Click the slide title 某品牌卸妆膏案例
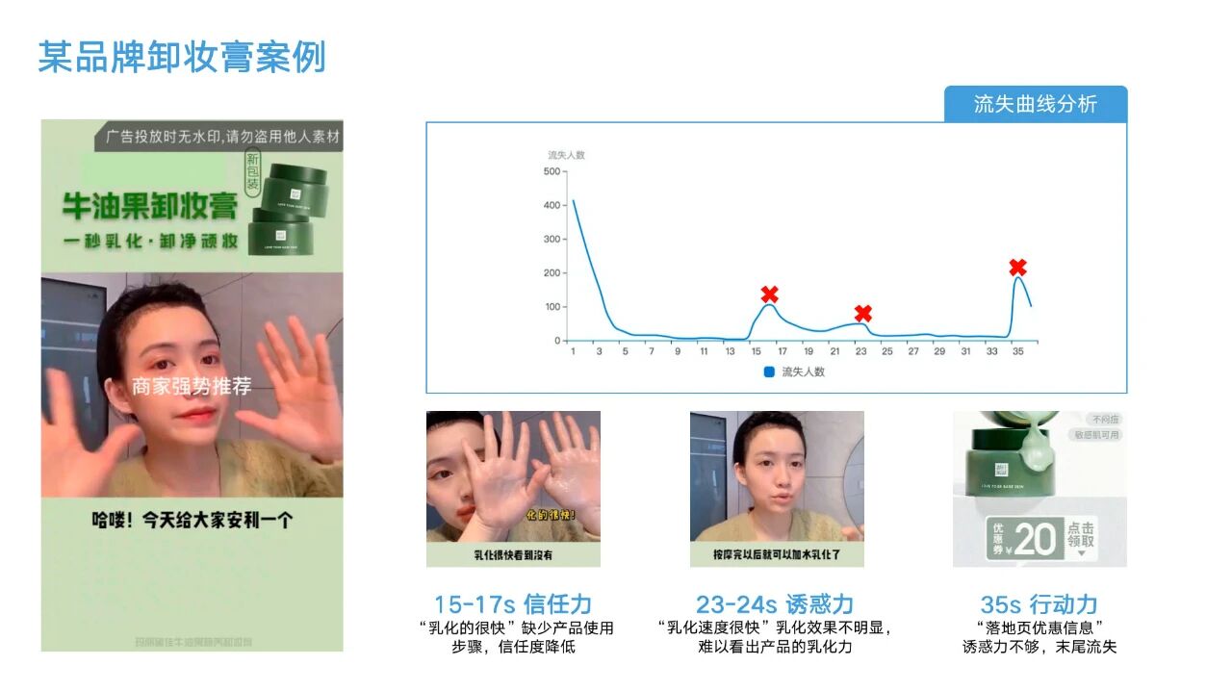tap(182, 58)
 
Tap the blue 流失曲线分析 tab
tap(1035, 104)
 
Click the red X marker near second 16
tap(769, 294)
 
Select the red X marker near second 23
tap(863, 314)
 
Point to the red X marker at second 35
tap(1017, 267)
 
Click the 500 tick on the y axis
tap(552, 171)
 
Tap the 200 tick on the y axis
tap(552, 273)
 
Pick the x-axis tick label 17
tap(782, 352)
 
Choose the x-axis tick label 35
tap(1017, 352)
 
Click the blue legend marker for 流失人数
tap(769, 371)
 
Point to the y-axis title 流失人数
tap(566, 155)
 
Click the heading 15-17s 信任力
tap(512, 604)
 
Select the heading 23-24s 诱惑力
tap(775, 604)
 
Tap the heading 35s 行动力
tap(1039, 604)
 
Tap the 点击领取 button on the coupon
tap(1081, 536)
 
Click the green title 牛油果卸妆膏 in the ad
tap(150, 206)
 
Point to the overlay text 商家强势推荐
tap(192, 387)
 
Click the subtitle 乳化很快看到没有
tap(513, 555)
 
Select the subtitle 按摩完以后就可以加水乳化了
tap(776, 555)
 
